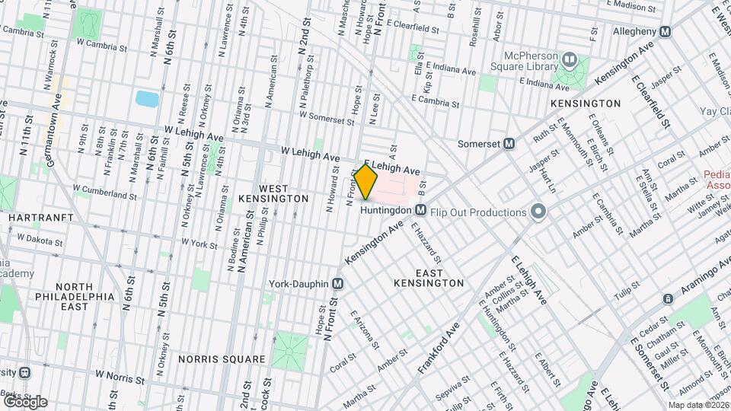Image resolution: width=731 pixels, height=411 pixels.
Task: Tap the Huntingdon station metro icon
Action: tap(420, 209)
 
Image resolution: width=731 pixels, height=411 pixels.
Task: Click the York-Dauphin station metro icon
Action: tap(338, 284)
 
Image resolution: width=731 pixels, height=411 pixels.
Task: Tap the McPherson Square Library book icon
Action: tap(569, 59)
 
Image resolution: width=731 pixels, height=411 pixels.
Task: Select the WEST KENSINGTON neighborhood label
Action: tap(273, 193)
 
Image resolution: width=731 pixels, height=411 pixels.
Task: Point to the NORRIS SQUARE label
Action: tap(222, 358)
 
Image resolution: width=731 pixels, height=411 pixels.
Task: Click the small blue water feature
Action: tap(146, 98)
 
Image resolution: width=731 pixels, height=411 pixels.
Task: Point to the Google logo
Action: tap(24, 402)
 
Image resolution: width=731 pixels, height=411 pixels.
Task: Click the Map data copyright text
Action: tap(697, 405)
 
